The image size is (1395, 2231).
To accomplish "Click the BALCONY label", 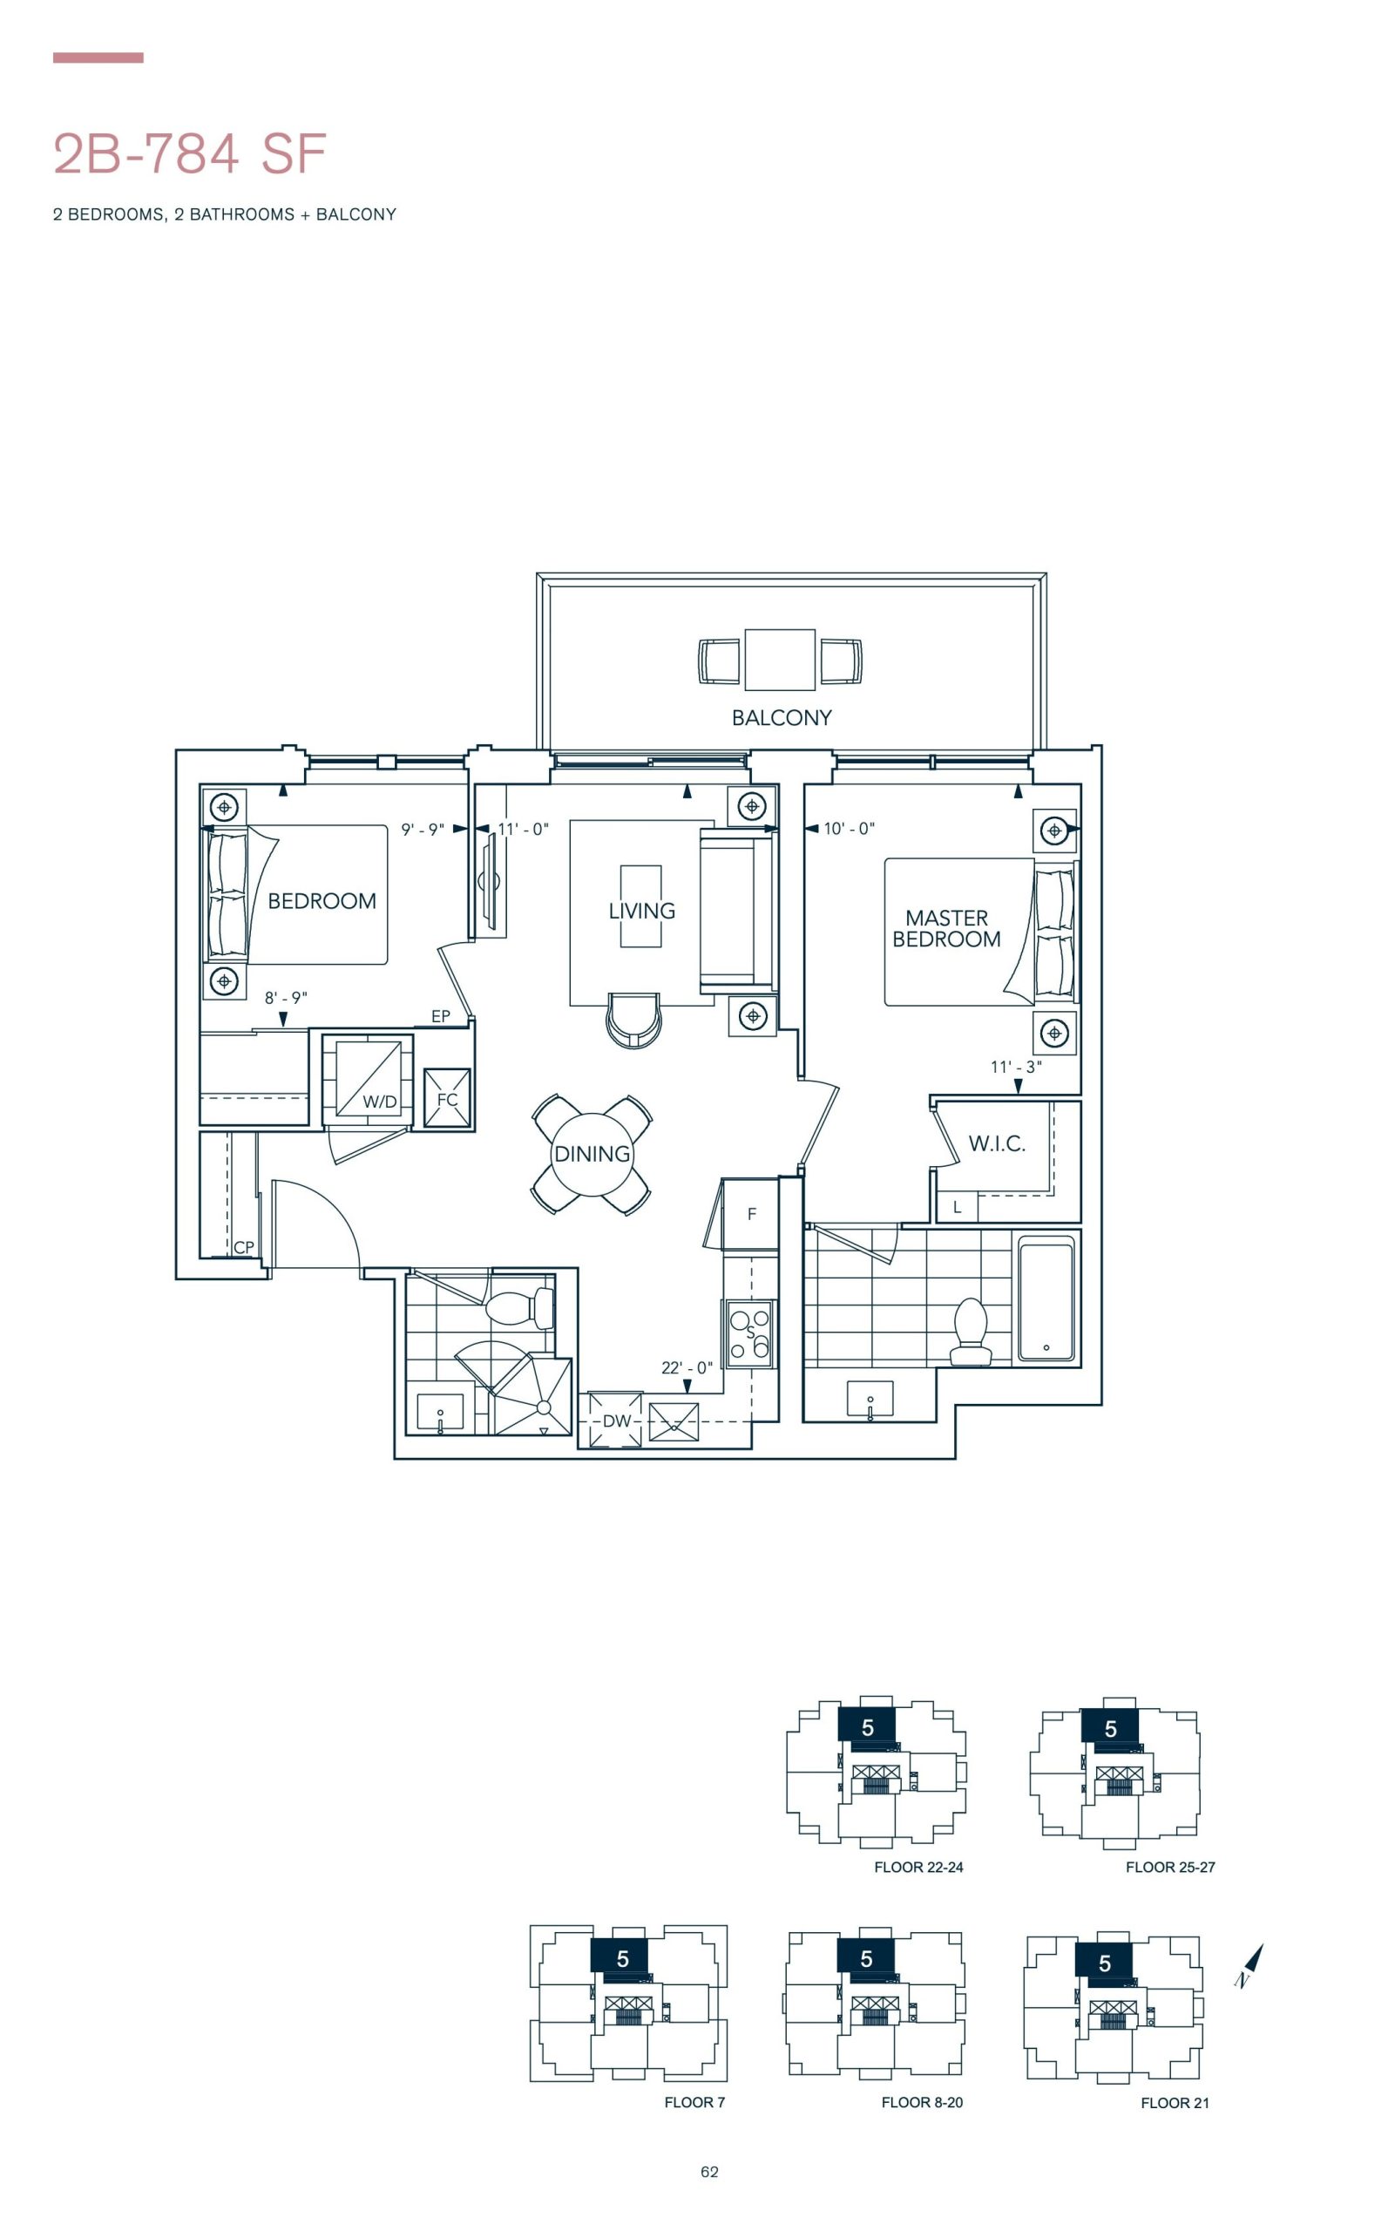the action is pos(782,717).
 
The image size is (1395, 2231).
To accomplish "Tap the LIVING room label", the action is pos(641,911).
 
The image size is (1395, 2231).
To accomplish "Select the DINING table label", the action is pos(593,1153).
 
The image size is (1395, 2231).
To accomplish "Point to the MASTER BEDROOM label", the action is pos(946,928).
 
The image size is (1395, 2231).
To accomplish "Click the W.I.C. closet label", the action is pos(997,1144).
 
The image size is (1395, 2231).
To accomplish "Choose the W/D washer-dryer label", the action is pos(379,1102).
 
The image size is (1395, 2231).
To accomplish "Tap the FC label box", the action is pos(448,1099).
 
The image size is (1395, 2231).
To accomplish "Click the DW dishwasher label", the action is pos(616,1421).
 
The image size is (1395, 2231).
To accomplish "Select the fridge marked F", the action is pos(751,1214).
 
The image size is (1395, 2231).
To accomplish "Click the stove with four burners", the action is pos(749,1333).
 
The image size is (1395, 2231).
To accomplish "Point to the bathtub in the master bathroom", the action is pos(1046,1299).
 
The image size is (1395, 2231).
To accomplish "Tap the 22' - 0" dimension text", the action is pos(687,1367).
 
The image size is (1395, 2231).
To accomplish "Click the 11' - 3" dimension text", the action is pos(1016,1067).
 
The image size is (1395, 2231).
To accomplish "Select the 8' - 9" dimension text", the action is pos(286,997).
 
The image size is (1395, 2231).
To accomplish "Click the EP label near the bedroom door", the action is pos(441,1016).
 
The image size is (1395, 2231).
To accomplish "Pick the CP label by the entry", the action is pos(244,1247).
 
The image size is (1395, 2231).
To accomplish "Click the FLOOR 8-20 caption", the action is pos(922,2102).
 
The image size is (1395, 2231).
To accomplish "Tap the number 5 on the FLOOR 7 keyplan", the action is pos(623,1958).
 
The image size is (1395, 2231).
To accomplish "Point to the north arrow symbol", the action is pos(1249,1964).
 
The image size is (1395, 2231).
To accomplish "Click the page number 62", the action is pos(709,2171).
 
